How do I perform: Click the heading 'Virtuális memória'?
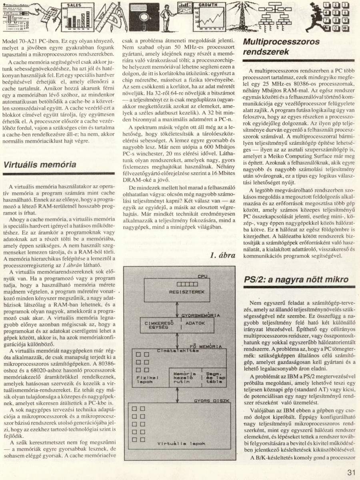tap(40, 165)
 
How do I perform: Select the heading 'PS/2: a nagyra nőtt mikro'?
tap(293, 280)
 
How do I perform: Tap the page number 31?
tap(351, 472)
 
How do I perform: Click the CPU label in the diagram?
tap(203, 276)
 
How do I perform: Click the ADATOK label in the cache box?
tap(196, 323)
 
